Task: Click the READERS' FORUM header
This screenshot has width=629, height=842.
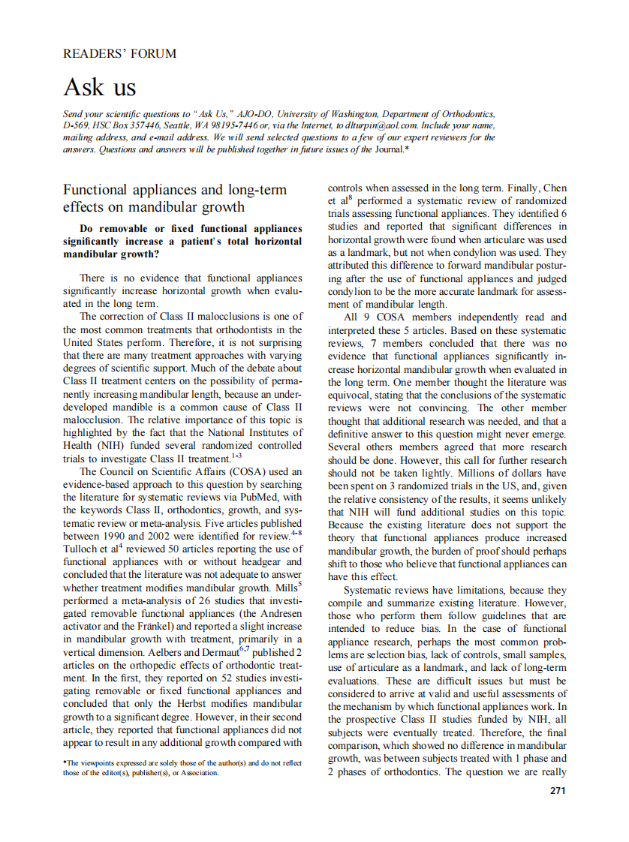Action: click(x=119, y=54)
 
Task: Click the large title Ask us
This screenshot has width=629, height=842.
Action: click(x=99, y=87)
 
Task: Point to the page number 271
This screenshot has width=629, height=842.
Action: click(x=558, y=790)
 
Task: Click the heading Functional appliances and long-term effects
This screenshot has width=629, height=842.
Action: click(x=174, y=198)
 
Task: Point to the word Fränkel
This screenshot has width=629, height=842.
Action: click(x=157, y=627)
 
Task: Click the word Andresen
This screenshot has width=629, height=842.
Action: click(x=277, y=614)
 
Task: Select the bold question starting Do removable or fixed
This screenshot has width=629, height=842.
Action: click(x=182, y=241)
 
